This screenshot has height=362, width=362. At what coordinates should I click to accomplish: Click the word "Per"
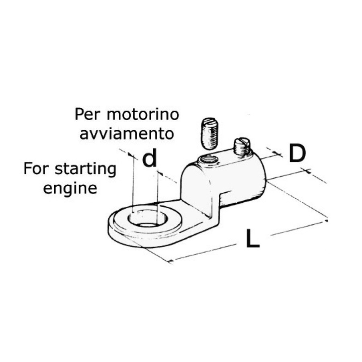pyautogui.click(x=88, y=114)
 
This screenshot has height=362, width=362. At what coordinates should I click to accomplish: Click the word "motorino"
pyautogui.click(x=143, y=114)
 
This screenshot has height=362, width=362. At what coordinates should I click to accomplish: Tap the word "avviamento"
pyautogui.click(x=127, y=134)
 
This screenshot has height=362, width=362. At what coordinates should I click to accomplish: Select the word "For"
pyautogui.click(x=36, y=169)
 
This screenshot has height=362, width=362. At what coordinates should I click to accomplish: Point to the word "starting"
pyautogui.click(x=85, y=170)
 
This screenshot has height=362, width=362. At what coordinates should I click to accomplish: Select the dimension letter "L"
pyautogui.click(x=253, y=238)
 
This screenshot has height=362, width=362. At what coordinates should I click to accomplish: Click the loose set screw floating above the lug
pyautogui.click(x=208, y=133)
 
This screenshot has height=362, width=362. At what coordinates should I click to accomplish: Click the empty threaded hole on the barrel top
pyautogui.click(x=208, y=160)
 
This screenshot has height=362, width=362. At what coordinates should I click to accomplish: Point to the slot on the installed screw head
pyautogui.click(x=243, y=141)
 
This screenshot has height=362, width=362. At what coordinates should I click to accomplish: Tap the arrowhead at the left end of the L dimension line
pyautogui.click(x=171, y=261)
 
